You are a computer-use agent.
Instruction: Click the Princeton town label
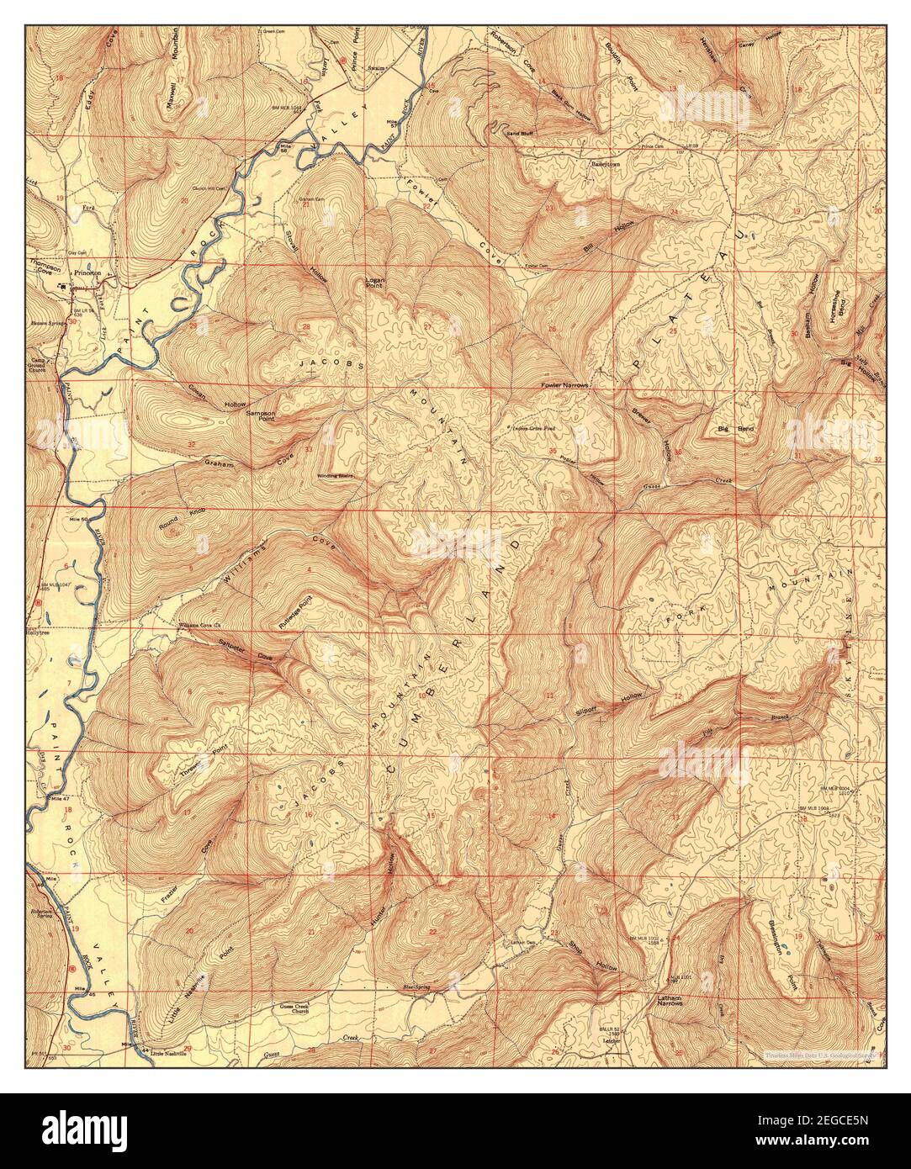coord(88,274)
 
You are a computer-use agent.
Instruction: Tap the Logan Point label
coord(374,283)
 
